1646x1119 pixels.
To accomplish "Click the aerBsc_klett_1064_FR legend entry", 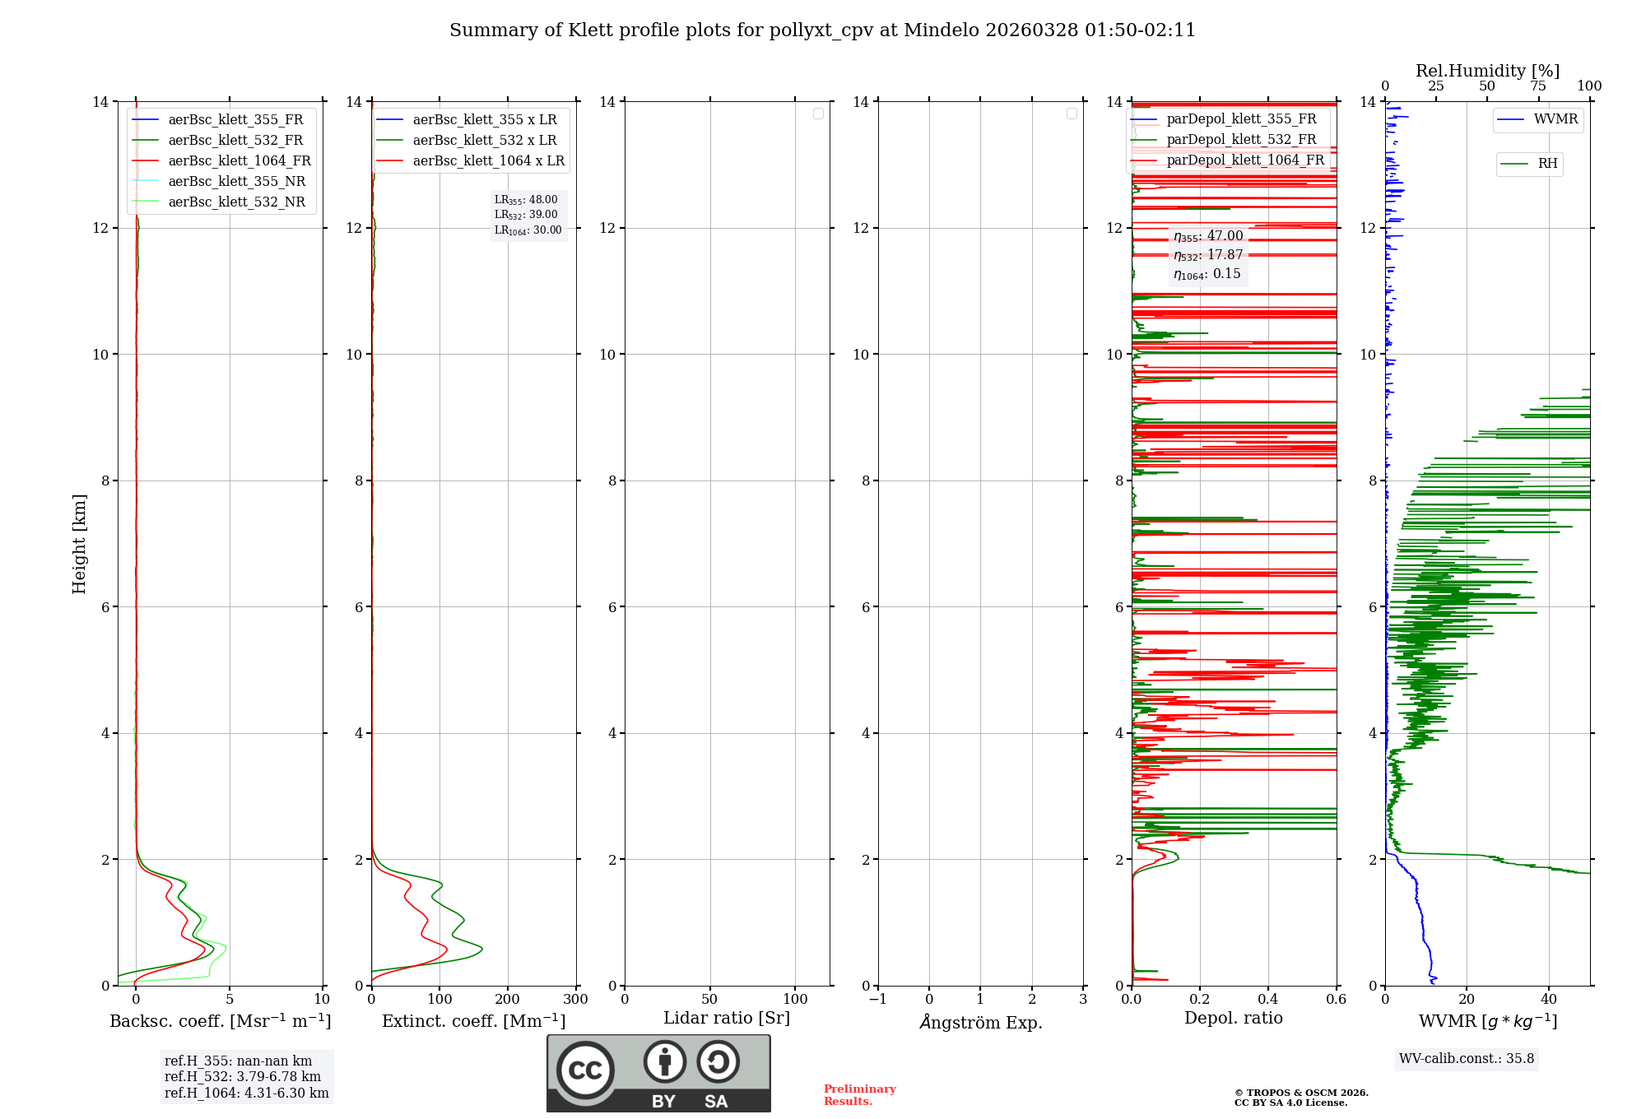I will [x=239, y=161].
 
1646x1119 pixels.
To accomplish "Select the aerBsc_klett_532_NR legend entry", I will [x=236, y=202].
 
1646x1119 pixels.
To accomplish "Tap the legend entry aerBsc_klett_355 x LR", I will [x=484, y=120].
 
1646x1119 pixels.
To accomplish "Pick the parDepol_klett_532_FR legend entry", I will [x=1240, y=140].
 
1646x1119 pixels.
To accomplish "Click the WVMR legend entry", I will [x=1555, y=120].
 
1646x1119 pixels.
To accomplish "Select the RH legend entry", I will [x=1547, y=164].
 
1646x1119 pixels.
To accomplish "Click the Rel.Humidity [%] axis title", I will [x=1487, y=72].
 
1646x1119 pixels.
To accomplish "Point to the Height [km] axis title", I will [x=79, y=544].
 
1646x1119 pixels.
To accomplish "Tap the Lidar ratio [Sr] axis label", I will [x=727, y=1019].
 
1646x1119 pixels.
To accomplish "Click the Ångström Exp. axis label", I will [x=981, y=1023].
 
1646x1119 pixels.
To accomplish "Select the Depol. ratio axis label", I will [x=1233, y=1019].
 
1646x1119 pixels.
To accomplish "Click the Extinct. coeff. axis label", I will [x=473, y=1022].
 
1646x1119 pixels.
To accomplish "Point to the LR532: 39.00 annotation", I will [x=526, y=215].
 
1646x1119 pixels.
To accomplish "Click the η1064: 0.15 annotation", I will [x=1207, y=274].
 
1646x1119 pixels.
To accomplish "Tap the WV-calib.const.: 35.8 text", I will [x=1467, y=1059].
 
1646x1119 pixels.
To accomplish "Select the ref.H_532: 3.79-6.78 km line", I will [x=243, y=1077].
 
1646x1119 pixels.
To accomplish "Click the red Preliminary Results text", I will [x=859, y=1095].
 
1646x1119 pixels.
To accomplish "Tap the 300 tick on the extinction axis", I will [x=575, y=1000].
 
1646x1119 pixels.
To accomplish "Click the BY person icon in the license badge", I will [x=664, y=1062].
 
